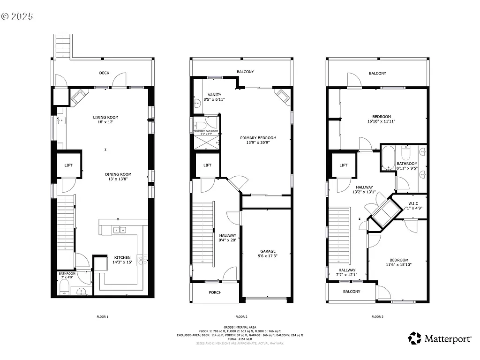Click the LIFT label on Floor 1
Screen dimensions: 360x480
pos(68,165)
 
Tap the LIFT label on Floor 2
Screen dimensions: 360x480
pos(207,165)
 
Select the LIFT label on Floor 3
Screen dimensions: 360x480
pos(343,165)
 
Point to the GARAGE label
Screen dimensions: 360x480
pos(268,251)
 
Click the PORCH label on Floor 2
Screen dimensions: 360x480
pos(215,292)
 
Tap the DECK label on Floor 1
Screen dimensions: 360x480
pos(104,73)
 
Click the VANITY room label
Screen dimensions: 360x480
pos(214,95)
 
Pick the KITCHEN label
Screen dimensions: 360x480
pos(122,257)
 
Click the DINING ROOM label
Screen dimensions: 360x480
pos(115,174)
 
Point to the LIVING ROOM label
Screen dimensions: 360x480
pos(105,117)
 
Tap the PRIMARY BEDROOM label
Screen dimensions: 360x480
pos(258,138)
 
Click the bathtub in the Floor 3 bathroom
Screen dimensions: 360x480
pos(387,158)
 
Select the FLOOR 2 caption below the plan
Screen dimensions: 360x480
pos(241,317)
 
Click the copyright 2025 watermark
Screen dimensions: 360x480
pos(17,16)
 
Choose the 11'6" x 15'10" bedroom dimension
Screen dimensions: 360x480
pos(397,265)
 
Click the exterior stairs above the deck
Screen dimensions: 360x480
pos(61,45)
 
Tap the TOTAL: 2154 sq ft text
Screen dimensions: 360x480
pos(240,339)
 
